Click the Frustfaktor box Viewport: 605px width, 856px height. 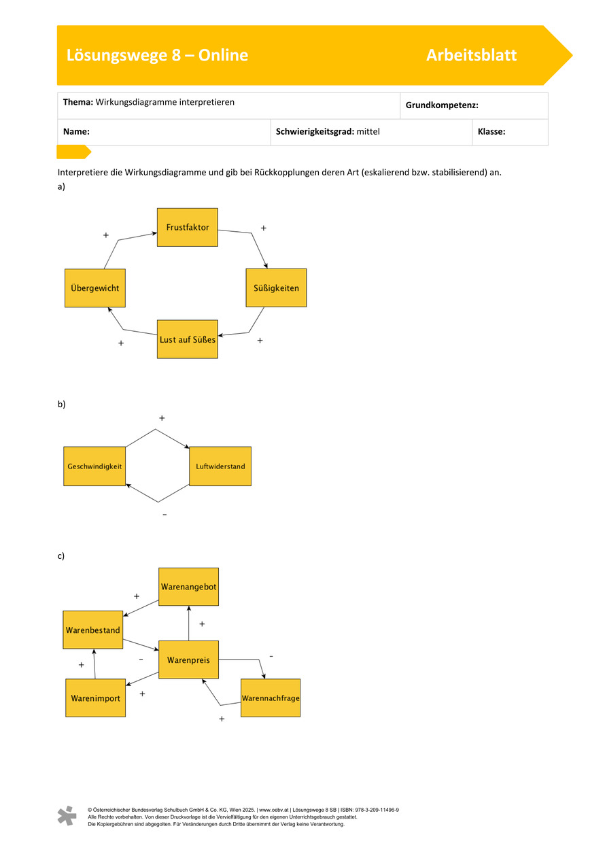[x=187, y=227]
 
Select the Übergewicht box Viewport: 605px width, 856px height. [x=95, y=288]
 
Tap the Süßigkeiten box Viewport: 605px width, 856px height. [x=276, y=288]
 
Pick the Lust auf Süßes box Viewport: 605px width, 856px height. [x=187, y=339]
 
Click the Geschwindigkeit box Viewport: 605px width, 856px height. [x=94, y=466]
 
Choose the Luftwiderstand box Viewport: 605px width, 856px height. [x=220, y=466]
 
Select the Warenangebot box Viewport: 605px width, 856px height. [x=188, y=587]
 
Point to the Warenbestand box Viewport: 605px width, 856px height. [x=93, y=630]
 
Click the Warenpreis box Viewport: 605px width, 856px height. [x=188, y=660]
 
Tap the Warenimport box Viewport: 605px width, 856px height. [x=96, y=698]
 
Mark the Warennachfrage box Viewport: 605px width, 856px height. [x=271, y=698]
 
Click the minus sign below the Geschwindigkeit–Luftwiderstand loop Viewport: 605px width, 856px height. [x=165, y=515]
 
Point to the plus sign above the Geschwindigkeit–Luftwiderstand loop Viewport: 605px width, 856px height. [x=162, y=418]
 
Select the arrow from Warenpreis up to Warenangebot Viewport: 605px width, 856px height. [x=188, y=623]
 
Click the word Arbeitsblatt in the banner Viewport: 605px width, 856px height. [x=471, y=55]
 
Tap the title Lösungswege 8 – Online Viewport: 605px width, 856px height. [x=157, y=55]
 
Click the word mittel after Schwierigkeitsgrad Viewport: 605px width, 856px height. [x=368, y=131]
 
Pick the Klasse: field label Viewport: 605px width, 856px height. [x=491, y=131]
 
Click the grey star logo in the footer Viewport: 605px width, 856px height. [x=67, y=815]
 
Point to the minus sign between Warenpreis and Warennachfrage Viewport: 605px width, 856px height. [x=271, y=657]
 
